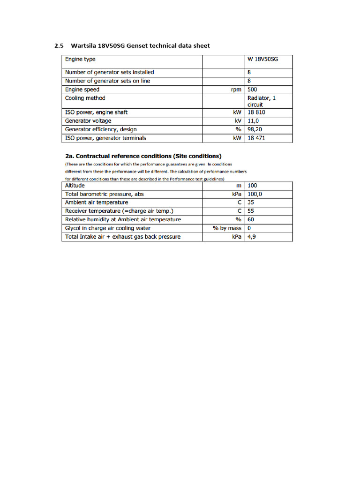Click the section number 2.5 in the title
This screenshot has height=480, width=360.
[59, 46]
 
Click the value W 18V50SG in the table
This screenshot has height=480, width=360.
[262, 60]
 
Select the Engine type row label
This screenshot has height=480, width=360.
[80, 60]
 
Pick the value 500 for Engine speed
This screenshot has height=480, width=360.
[252, 90]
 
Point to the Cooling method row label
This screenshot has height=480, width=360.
[85, 98]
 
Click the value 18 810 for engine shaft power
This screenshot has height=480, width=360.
[257, 112]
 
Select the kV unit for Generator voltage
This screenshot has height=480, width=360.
[238, 121]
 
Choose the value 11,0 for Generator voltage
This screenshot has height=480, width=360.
[253, 121]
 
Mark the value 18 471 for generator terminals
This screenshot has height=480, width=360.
[257, 138]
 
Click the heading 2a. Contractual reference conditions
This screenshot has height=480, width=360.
[143, 156]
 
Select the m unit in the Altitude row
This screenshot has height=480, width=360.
[239, 186]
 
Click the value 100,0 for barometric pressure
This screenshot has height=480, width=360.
[255, 194]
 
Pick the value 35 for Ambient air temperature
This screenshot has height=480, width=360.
[251, 202]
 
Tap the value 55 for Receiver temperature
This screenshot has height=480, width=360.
[251, 211]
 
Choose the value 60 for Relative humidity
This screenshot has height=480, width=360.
[251, 219]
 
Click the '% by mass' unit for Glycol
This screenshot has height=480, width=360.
[227, 228]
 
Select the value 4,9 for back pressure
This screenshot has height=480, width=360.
[252, 237]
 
